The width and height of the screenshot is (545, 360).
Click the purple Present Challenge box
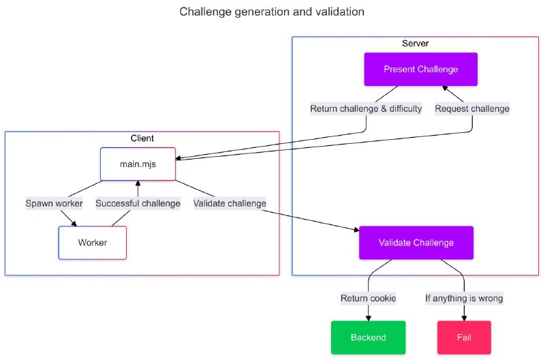pyautogui.click(x=420, y=70)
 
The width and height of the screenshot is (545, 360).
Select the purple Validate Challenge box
pyautogui.click(x=416, y=242)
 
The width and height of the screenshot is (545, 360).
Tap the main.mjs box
pyautogui.click(x=138, y=164)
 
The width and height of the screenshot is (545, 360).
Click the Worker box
pyautogui.click(x=92, y=243)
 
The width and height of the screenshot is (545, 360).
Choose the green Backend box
pyautogui.click(x=368, y=337)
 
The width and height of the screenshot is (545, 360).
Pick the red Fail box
pyautogui.click(x=464, y=337)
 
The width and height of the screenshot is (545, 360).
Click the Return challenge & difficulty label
pyautogui.click(x=366, y=108)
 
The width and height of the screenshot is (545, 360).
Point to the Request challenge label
pyautogui.click(x=472, y=108)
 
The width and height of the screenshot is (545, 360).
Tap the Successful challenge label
pyautogui.click(x=138, y=203)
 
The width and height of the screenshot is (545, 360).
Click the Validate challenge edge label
pyautogui.click(x=230, y=203)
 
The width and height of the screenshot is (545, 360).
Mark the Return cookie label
pyautogui.click(x=368, y=298)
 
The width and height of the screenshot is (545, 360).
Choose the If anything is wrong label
pyautogui.click(x=464, y=298)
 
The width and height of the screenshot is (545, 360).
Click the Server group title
pyautogui.click(x=416, y=44)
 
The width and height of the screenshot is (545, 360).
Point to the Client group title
pyautogui.click(x=142, y=138)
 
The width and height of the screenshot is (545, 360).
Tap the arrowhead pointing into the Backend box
pyautogui.click(x=368, y=317)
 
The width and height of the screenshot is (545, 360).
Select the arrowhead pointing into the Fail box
pyautogui.click(x=464, y=317)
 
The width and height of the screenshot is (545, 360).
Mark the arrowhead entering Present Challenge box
pyautogui.click(x=444, y=89)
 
